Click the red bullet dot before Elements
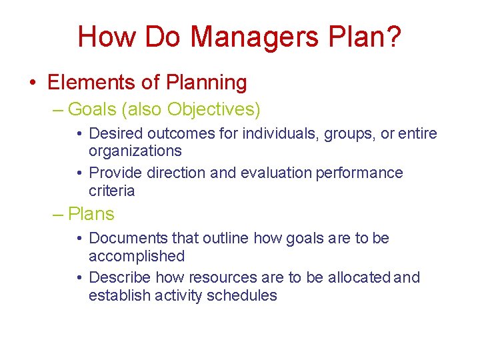tap(33, 83)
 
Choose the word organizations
tap(135, 151)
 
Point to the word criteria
tap(111, 191)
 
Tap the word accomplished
tap(137, 256)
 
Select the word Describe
tap(119, 277)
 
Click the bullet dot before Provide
tap(79, 173)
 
